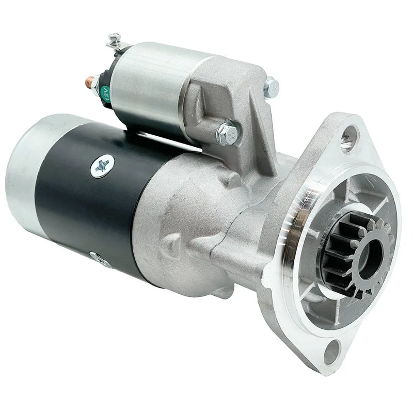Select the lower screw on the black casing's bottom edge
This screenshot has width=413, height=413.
98,259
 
